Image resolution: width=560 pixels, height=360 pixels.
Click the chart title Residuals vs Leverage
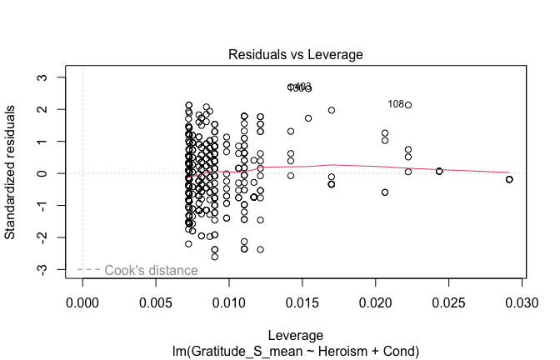click(x=297, y=55)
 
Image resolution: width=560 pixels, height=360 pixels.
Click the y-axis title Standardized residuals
click(x=11, y=172)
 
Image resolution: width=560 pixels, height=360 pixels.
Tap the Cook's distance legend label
click(x=151, y=270)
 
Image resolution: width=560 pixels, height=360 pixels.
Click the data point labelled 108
click(x=408, y=104)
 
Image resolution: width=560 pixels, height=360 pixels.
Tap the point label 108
click(x=396, y=104)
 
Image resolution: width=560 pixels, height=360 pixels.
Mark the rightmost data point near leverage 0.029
click(x=509, y=179)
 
